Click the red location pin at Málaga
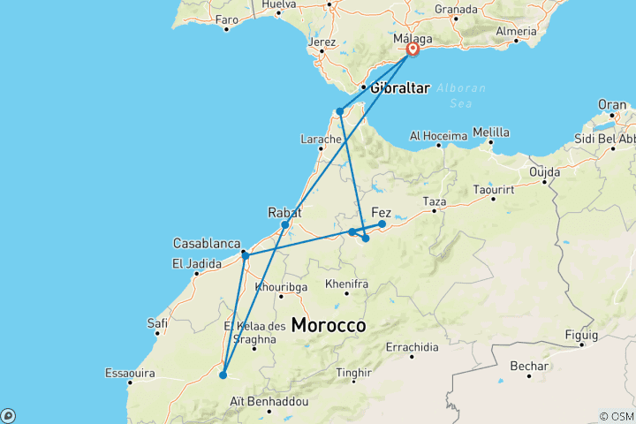(x=413, y=50)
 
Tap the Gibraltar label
(x=400, y=87)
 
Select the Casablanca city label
(x=207, y=243)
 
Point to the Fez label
(x=382, y=212)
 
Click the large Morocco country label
(x=329, y=325)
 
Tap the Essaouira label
(x=130, y=372)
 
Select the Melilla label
(x=491, y=132)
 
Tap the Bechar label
(x=529, y=366)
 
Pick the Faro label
(x=227, y=19)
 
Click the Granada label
(x=456, y=10)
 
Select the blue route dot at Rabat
(x=285, y=224)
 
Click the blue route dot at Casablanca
(x=245, y=255)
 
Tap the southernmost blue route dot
(x=223, y=375)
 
